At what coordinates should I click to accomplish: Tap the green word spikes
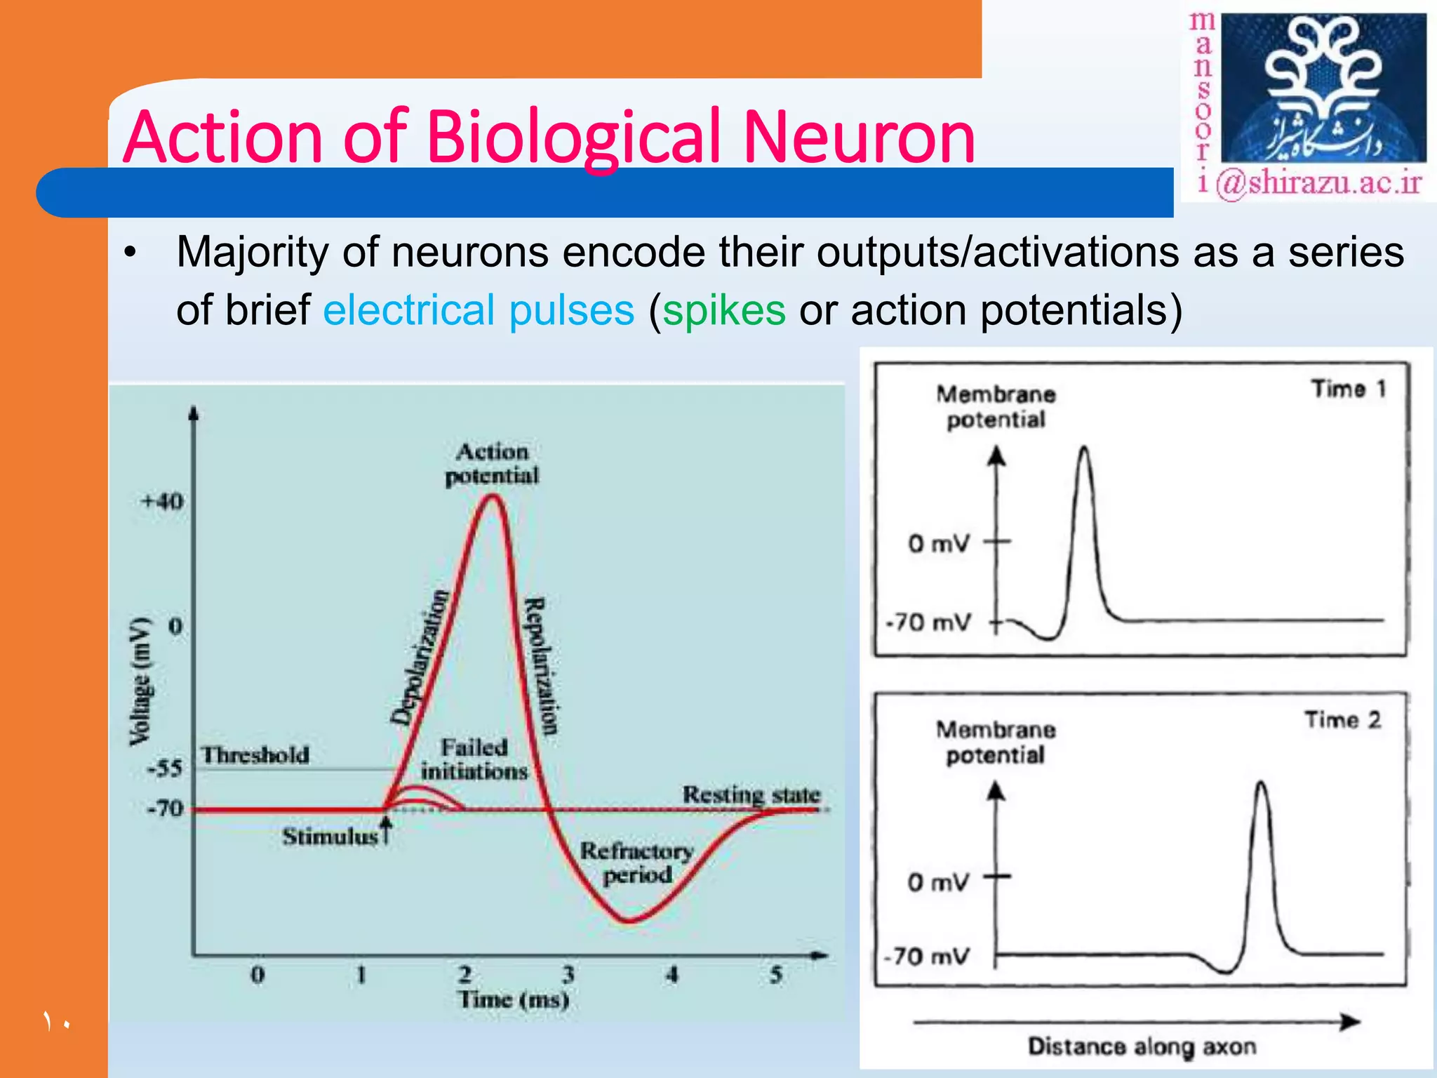coord(723,310)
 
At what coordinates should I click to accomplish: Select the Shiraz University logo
coord(1323,89)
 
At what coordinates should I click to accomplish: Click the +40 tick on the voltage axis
coord(163,502)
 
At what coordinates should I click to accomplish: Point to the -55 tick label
coord(165,768)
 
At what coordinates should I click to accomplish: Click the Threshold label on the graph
coord(255,755)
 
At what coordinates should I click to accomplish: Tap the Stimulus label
coord(330,837)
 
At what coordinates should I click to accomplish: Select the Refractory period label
coord(636,863)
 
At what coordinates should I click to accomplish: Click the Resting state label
coord(751,794)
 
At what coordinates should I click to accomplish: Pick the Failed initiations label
coord(474,759)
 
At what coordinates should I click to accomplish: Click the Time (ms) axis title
coord(514,999)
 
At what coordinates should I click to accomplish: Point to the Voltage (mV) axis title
coord(140,681)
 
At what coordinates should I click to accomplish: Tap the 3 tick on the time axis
coord(568,974)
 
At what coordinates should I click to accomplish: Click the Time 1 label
coord(1349,389)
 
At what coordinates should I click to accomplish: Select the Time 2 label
coord(1343,720)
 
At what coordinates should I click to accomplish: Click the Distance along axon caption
coord(1142,1046)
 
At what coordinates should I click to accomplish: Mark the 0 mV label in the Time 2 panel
coord(938,882)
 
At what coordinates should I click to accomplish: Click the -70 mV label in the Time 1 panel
coord(929,623)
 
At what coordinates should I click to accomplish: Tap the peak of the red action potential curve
coord(494,497)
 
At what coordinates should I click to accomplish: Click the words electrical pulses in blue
coord(479,310)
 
